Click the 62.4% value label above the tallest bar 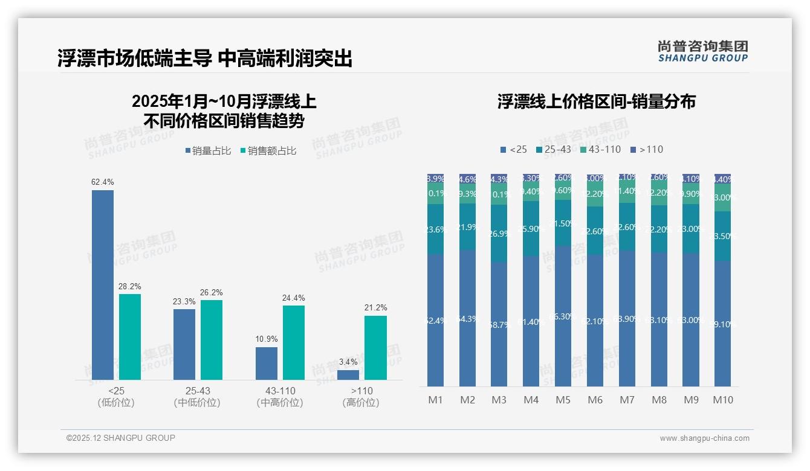(x=103, y=182)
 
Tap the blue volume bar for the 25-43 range (x=184, y=344)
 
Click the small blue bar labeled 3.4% (x=348, y=375)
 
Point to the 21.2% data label (x=376, y=307)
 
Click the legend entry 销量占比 (x=207, y=151)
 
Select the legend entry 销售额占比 (x=267, y=151)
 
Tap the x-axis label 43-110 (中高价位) (x=280, y=397)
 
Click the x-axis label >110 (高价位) (x=361, y=397)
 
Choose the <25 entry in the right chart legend (x=513, y=149)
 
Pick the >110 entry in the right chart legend (x=646, y=149)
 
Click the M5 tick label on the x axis (x=563, y=400)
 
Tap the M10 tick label (x=723, y=400)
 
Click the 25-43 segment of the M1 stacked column (x=435, y=229)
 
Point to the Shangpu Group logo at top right (x=702, y=51)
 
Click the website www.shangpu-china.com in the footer (x=704, y=438)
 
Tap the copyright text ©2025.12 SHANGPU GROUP (x=121, y=438)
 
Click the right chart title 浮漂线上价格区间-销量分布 (x=596, y=101)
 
